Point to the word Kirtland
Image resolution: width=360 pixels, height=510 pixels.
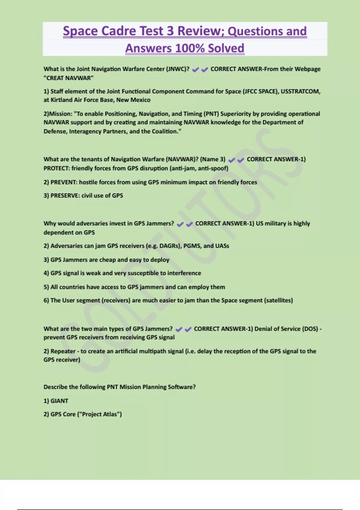[61, 100]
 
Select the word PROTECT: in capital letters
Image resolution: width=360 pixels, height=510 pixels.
[57, 168]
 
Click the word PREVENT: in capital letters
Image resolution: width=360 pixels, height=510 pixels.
[64, 182]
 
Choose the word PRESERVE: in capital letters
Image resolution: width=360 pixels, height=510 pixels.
[65, 196]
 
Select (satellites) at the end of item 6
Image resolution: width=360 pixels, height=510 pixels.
[278, 300]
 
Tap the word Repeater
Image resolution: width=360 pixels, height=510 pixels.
[63, 351]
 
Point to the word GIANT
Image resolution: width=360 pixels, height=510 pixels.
[59, 401]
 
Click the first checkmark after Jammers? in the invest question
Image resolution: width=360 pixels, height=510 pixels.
[180, 224]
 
